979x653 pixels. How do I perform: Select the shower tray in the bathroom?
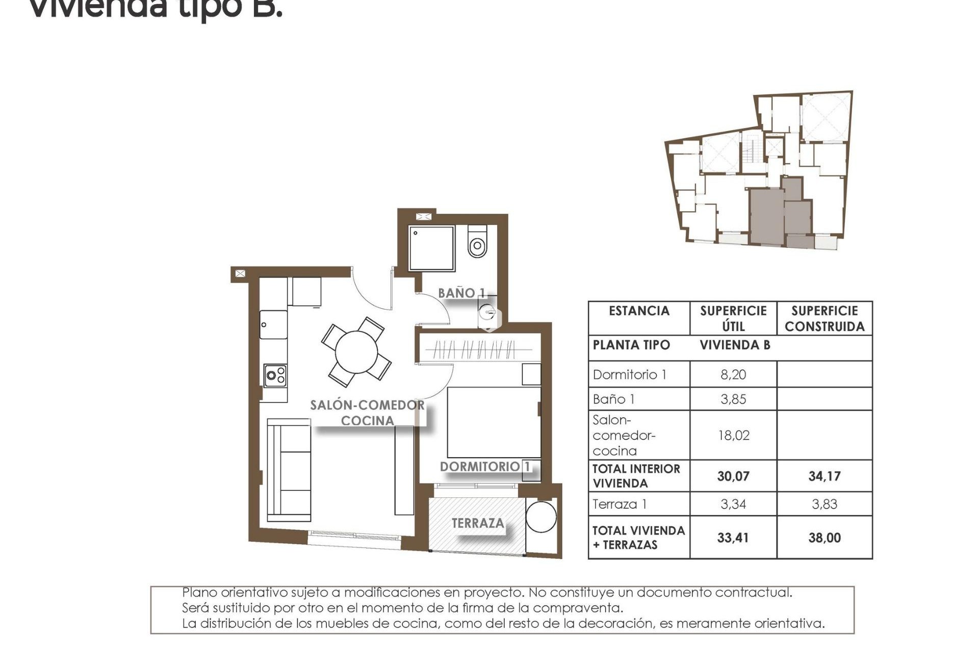[431, 248]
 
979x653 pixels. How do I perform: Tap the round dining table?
[356, 351]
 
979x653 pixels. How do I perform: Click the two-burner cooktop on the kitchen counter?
[275, 376]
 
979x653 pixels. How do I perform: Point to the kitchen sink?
[273, 324]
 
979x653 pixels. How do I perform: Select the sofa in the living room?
[289, 470]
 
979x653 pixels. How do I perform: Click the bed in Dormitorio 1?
[493, 422]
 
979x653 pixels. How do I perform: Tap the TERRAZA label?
[478, 523]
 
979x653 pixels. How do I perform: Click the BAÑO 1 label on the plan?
[461, 293]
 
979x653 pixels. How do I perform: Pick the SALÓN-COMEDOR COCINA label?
[367, 413]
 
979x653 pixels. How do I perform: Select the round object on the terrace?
[541, 517]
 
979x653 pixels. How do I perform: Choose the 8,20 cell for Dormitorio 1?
[733, 374]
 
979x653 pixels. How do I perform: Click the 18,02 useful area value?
[733, 435]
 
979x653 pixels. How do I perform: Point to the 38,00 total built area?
[824, 537]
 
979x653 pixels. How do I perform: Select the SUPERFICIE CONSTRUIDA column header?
[824, 318]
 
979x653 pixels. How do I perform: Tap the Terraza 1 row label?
[620, 504]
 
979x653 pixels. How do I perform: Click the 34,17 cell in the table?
[824, 476]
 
